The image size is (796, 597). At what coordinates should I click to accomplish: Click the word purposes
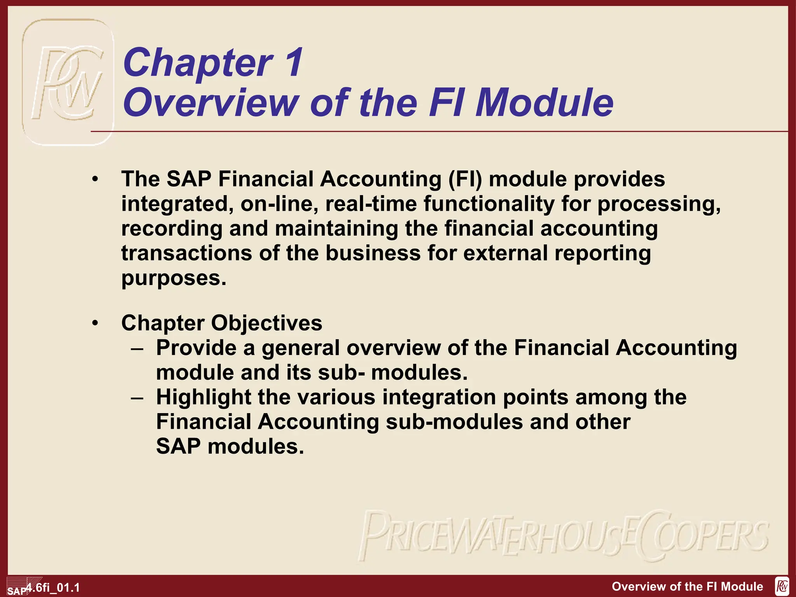pos(173,279)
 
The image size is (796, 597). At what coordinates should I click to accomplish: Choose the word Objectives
pos(267,323)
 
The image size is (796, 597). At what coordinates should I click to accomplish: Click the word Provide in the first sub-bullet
pos(196,347)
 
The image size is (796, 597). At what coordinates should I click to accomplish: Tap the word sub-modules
pos(454,422)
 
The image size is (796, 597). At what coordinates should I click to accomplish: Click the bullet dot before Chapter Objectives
pos(95,323)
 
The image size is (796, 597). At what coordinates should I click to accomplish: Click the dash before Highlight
pos(137,398)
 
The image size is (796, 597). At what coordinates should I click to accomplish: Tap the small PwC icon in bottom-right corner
pos(782,586)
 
